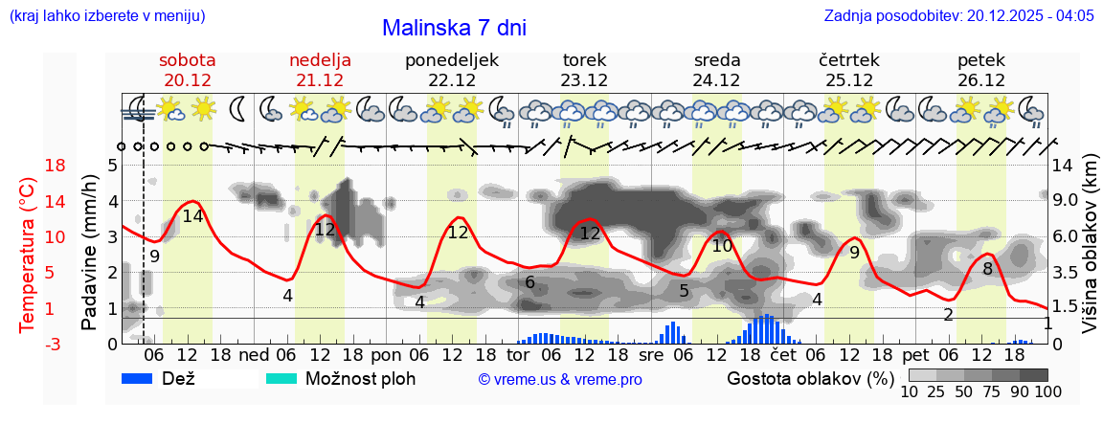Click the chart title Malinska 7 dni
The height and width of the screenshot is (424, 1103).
point(454,28)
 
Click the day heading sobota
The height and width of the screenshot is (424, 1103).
point(188,60)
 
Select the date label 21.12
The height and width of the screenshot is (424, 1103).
point(320,80)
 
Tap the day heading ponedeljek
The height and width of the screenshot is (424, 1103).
point(452,60)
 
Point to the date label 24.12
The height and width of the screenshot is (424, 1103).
point(717,80)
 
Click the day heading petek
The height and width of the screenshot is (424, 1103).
point(981,60)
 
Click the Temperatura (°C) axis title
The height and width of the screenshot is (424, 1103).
point(28,253)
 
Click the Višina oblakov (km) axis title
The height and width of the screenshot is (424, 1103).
point(1090,253)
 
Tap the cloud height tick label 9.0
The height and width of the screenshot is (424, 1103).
point(1067,201)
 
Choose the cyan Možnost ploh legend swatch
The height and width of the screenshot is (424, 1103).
point(281,378)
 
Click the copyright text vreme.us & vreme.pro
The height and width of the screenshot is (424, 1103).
point(560,379)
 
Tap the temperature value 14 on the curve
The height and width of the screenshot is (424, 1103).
point(193,216)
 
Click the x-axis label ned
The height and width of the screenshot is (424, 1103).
point(254,354)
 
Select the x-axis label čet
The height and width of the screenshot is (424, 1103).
point(782,354)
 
